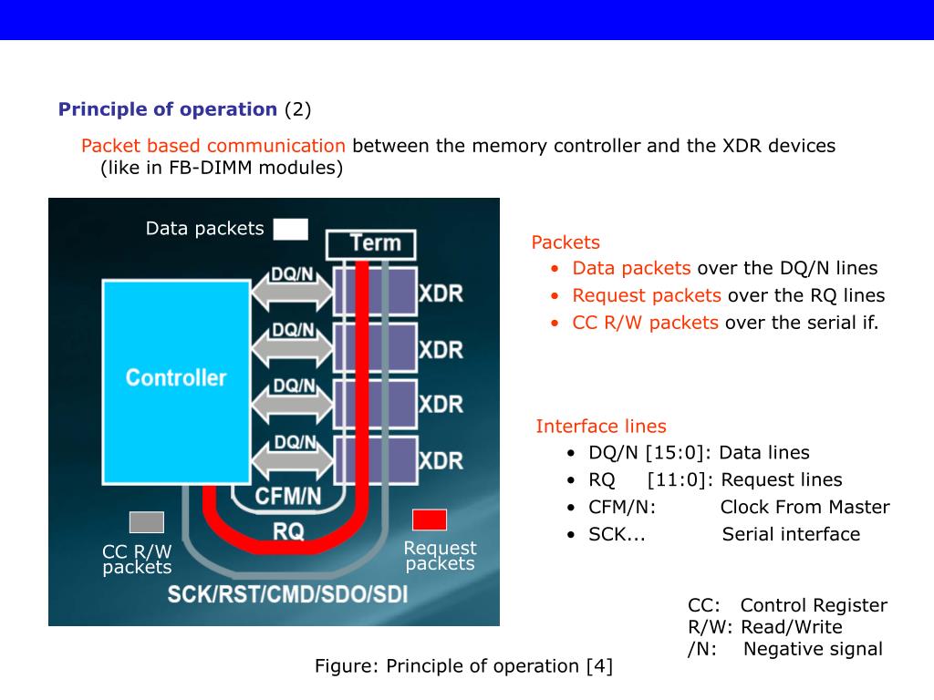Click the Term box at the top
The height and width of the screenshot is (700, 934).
371,243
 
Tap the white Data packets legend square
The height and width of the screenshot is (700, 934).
291,229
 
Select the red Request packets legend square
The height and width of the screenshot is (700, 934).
430,520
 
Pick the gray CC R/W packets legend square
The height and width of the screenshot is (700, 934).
147,522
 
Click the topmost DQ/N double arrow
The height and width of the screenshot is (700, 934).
294,291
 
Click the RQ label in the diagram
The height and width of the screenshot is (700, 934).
288,531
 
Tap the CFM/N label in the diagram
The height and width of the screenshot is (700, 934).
288,497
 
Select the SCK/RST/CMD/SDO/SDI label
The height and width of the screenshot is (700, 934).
287,594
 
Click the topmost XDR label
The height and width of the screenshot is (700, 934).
441,294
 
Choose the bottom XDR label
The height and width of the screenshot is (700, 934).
441,461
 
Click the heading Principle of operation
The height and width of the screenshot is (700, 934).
168,109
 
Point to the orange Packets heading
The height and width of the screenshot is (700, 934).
566,242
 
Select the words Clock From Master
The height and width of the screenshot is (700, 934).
804,508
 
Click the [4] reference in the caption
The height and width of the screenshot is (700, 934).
599,666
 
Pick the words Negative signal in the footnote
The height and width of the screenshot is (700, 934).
813,649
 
